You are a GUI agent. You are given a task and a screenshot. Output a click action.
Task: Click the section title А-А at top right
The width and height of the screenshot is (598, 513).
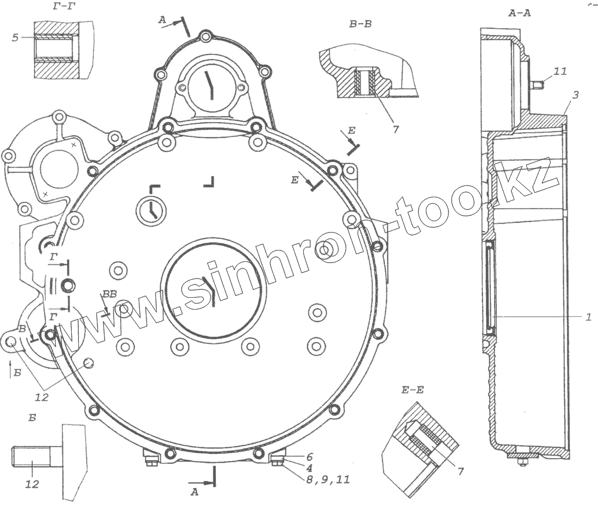coord(520,13)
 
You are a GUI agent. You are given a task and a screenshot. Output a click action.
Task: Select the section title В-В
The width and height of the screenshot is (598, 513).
coord(361,24)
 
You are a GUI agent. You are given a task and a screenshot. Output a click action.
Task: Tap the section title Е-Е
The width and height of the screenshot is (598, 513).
coord(413,390)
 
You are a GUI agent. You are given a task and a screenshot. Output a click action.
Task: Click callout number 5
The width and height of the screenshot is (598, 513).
coord(16,38)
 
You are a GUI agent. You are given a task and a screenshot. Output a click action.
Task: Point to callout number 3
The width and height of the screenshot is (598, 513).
coord(575,94)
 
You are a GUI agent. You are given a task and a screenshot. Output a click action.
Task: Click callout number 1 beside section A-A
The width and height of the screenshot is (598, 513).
coord(588,316)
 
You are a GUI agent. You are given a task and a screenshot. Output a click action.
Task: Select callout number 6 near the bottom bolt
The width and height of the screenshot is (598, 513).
coord(309,457)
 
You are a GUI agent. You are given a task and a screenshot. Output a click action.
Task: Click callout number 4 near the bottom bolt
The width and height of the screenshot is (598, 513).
coord(309,467)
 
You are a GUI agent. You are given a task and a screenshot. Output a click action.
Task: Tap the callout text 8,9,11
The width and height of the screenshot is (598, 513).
coord(328,479)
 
